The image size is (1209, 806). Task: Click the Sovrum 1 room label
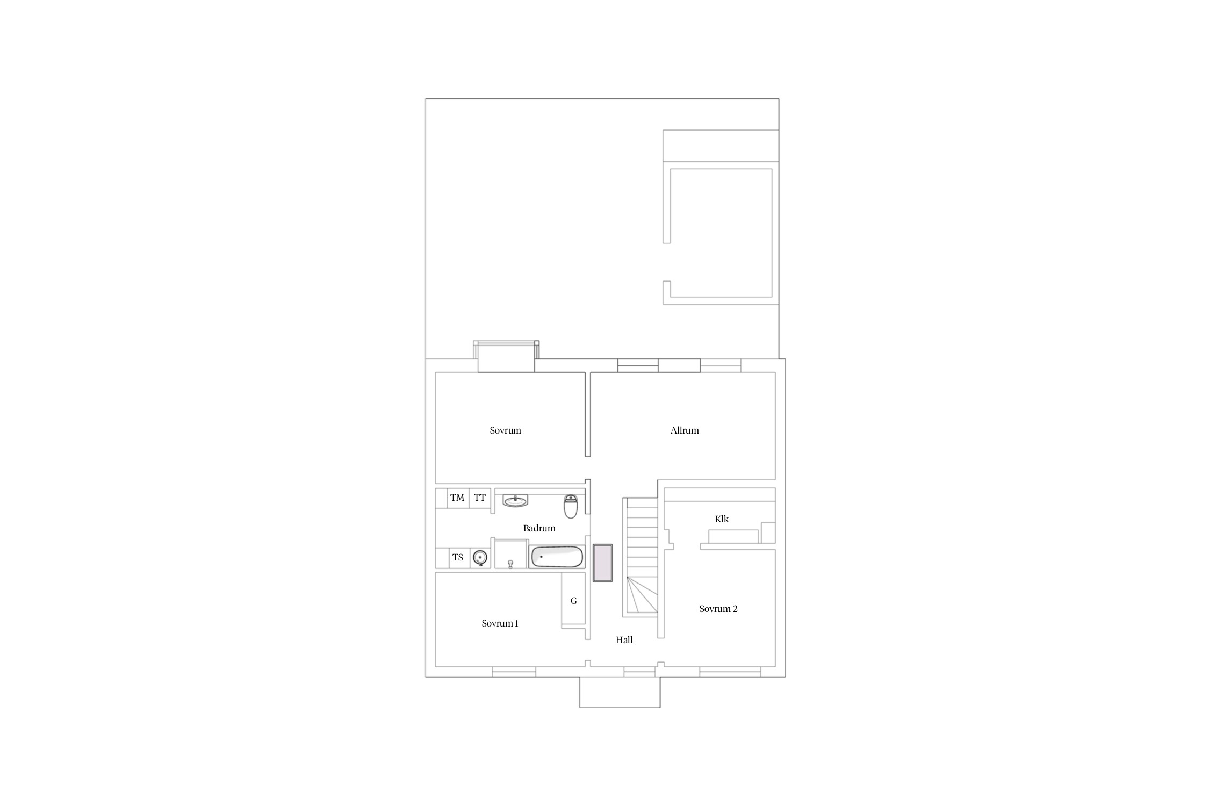tap(500, 623)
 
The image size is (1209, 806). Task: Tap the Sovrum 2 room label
tap(718, 609)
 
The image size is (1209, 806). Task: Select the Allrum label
tap(685, 430)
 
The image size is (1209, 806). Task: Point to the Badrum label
tap(539, 528)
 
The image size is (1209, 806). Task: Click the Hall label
tap(624, 640)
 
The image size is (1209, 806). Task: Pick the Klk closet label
tap(722, 519)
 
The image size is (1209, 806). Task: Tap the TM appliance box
tap(458, 498)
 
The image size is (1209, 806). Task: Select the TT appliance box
tap(480, 498)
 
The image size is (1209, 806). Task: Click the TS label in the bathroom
tap(458, 557)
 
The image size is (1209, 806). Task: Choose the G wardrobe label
tap(574, 601)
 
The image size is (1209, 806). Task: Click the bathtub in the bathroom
tap(557, 557)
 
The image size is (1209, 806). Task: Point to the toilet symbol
tap(571, 506)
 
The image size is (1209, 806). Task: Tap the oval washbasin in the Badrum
tap(515, 501)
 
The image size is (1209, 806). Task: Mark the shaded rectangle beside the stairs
tap(602, 563)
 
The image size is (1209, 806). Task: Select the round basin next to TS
tap(480, 558)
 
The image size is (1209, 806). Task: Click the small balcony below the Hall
tap(620, 692)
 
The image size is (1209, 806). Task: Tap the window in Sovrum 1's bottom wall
tap(514, 672)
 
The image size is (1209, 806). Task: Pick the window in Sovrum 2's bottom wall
tap(730, 672)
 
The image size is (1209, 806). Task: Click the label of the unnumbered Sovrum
tap(505, 430)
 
